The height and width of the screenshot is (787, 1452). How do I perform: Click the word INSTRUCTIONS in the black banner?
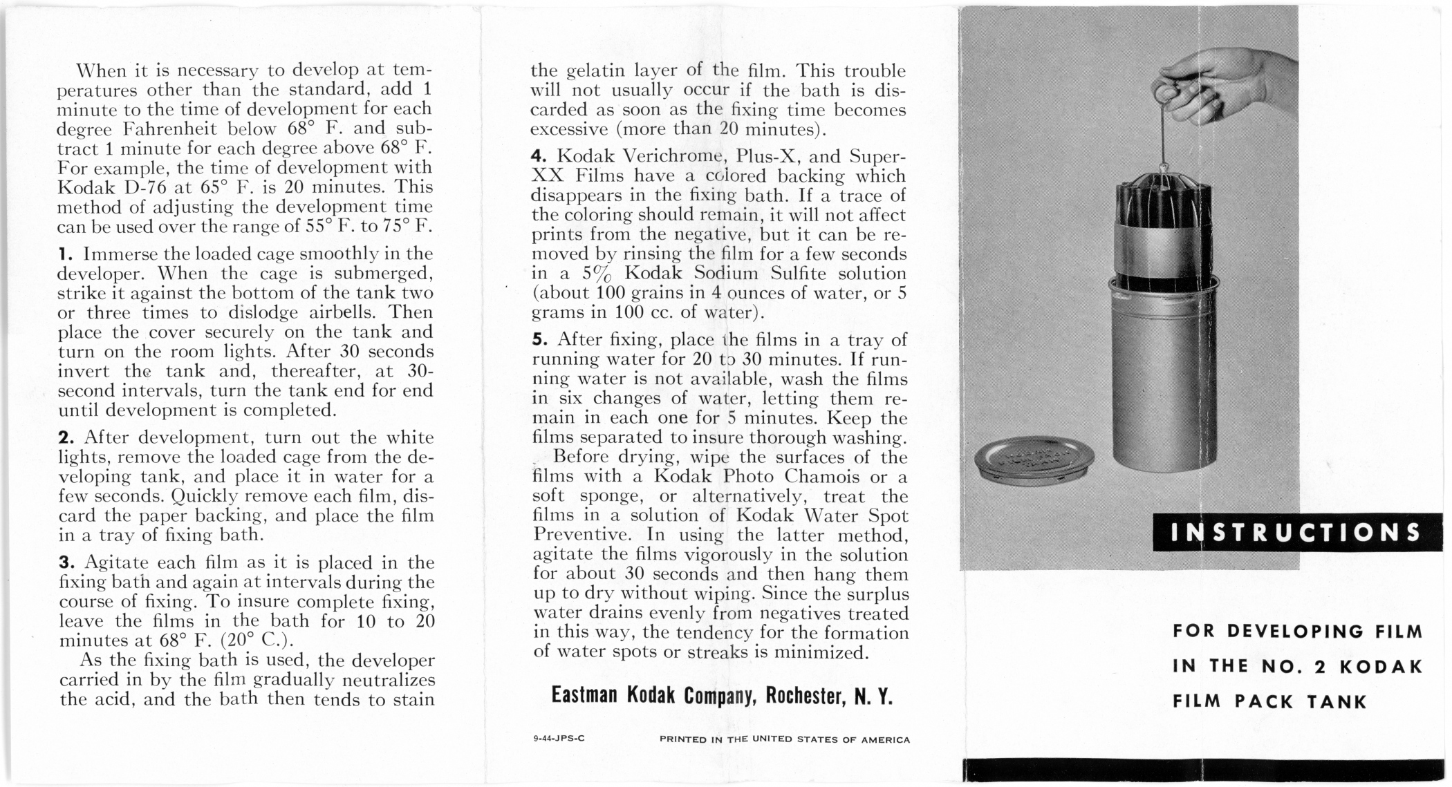[x=1296, y=532]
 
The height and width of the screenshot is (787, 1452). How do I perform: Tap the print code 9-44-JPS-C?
[x=559, y=738]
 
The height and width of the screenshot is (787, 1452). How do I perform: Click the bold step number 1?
[x=62, y=254]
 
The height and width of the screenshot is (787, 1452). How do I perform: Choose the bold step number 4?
[x=537, y=157]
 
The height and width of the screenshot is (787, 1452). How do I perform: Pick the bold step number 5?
[x=537, y=340]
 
